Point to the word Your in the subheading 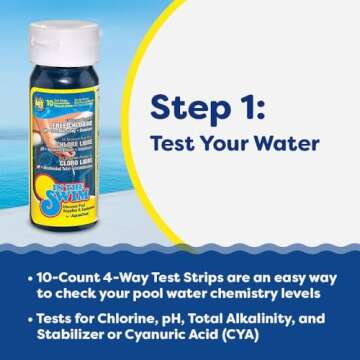point(225,143)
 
